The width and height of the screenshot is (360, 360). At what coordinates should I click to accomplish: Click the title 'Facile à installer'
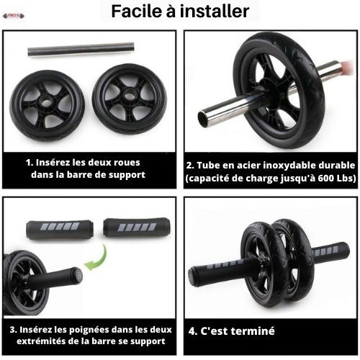(180, 12)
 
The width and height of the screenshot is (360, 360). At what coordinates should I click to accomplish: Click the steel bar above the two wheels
(81, 49)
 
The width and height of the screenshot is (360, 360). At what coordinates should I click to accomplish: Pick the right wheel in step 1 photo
(130, 99)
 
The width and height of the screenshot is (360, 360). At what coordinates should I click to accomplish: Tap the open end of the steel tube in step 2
(210, 115)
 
